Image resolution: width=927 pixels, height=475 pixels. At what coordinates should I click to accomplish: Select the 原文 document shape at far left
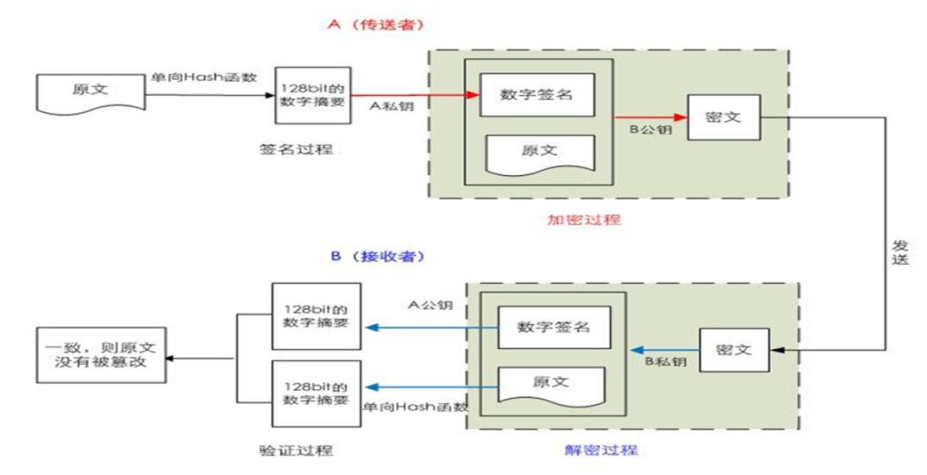coord(90,91)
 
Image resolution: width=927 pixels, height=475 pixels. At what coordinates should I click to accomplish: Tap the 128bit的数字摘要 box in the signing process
coord(312,94)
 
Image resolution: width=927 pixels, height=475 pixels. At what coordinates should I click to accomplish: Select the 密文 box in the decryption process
coord(734,349)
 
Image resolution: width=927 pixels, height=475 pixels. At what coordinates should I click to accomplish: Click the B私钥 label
coord(666,362)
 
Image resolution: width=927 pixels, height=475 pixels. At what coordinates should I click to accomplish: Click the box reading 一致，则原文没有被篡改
coord(100,355)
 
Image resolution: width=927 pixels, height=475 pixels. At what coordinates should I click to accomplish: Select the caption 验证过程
coord(296,450)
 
